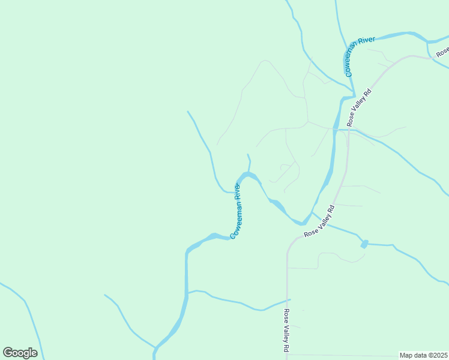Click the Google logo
[20, 353]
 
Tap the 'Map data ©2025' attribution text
[423, 355]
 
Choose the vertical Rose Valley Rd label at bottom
[288, 331]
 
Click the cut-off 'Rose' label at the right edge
[443, 52]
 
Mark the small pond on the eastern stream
[364, 244]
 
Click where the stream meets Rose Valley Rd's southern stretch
[288, 299]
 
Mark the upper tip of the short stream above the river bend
[247, 155]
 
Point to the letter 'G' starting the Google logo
[8, 353]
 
